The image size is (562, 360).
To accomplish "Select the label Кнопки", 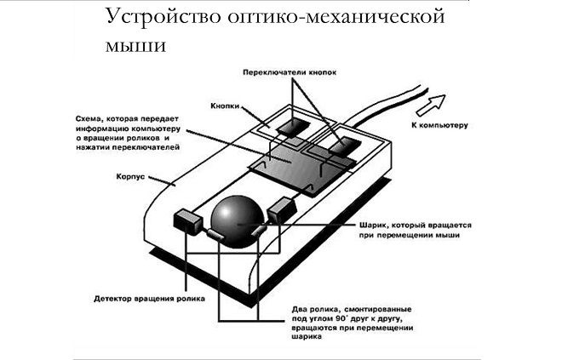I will (223, 108).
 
